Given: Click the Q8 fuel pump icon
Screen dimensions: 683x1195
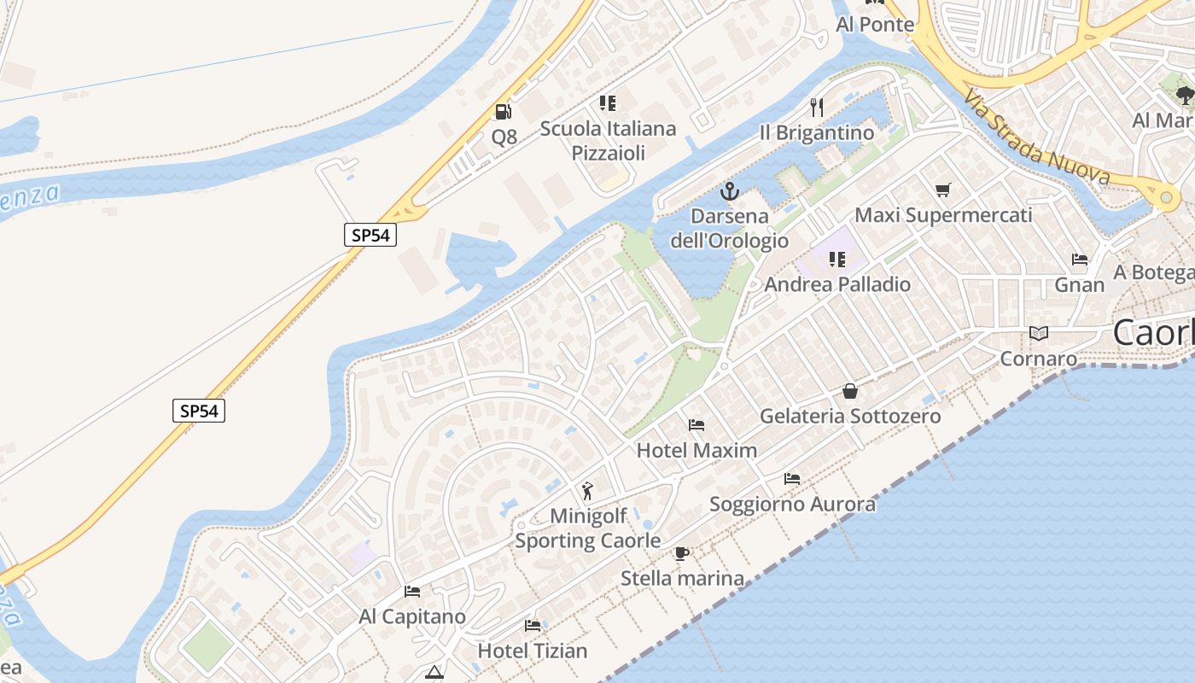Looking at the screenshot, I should pos(503,111).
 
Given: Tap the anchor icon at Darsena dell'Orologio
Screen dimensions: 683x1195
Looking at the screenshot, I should pos(729,190).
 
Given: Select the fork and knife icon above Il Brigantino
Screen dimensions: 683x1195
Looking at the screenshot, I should pos(817,107).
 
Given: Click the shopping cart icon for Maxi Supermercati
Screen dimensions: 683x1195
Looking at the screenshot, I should pos(942,190).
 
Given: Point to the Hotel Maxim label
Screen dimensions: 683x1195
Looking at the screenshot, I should pos(697,450).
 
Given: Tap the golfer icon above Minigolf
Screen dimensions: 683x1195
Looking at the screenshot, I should pos(587,491).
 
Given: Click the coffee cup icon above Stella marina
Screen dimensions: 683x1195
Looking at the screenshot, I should pos(681,553).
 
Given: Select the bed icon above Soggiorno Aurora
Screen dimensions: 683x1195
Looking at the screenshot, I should pos(792,479).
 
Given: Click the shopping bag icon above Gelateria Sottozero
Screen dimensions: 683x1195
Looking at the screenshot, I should pos(850,391).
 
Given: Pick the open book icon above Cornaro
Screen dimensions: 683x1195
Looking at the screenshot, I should pos(1038,333).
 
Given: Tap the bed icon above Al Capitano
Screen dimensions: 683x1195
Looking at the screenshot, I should pos(412,591).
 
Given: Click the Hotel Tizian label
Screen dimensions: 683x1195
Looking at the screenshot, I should pos(533,651).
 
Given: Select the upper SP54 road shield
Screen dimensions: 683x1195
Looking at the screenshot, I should pos(370,235).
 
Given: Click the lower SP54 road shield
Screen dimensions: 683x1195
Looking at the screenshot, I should pos(199,411).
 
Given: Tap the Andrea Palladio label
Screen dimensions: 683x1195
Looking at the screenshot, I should pos(837,284).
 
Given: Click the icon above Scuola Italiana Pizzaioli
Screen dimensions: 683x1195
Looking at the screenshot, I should pos(608,103).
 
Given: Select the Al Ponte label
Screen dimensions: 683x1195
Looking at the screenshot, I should pos(875,25).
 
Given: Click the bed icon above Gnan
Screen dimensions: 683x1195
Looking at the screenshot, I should pos(1080,260).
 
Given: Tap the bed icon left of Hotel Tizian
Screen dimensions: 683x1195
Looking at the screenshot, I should pos(533,626).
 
